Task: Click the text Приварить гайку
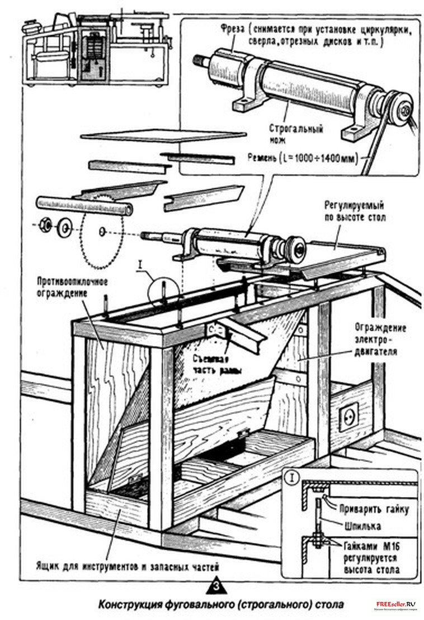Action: pyautogui.click(x=374, y=509)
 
